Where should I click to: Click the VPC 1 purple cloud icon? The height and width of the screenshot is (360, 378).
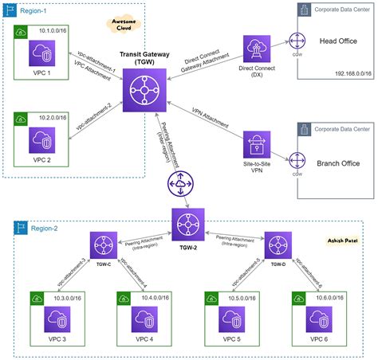(45, 55)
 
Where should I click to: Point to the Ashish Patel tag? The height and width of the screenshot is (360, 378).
(344, 240)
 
